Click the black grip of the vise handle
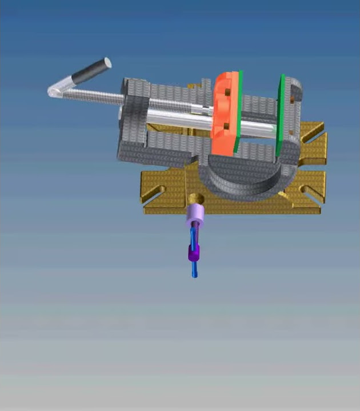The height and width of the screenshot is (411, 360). pos(89,72)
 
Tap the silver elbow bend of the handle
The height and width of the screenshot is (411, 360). pos(56,90)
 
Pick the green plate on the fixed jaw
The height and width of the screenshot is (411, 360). pos(280,114)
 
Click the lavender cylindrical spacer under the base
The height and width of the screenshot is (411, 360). pos(196,215)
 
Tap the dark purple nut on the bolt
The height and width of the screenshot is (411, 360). pos(193,253)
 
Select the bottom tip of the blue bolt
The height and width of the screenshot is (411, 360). pos(195,275)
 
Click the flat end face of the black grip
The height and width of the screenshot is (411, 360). pos(106,63)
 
